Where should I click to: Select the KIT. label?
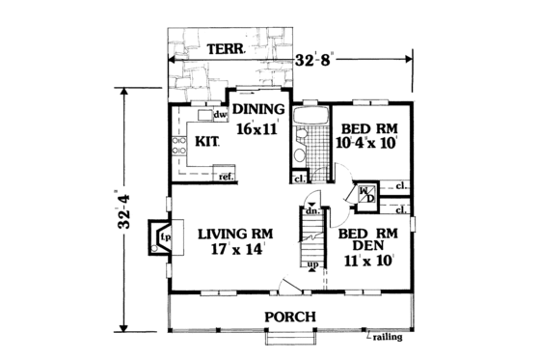[x=207, y=141]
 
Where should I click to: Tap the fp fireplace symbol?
[x=165, y=235]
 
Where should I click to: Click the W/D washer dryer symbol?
[x=367, y=194]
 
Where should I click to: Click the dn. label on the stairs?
[x=313, y=209]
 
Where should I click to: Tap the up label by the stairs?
[x=311, y=264]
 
